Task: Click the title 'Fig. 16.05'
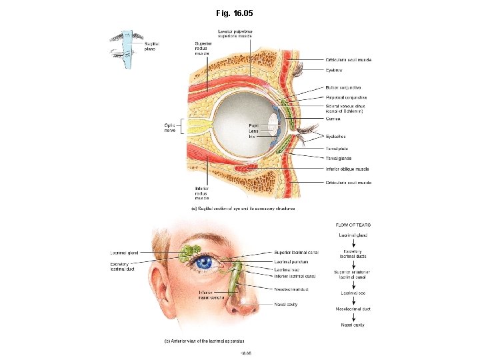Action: point(235,13)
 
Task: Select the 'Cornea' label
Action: point(333,119)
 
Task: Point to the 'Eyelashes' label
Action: point(337,135)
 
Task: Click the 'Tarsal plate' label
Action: point(337,148)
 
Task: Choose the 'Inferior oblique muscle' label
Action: point(347,169)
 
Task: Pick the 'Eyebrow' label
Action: point(335,69)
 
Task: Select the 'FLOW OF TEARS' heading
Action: point(353,225)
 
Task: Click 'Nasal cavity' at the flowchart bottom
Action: point(353,325)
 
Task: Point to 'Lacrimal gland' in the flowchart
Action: point(353,235)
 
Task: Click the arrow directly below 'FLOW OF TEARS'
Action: point(353,230)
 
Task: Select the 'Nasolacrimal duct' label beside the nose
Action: point(291,289)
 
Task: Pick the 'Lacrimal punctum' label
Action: point(291,261)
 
